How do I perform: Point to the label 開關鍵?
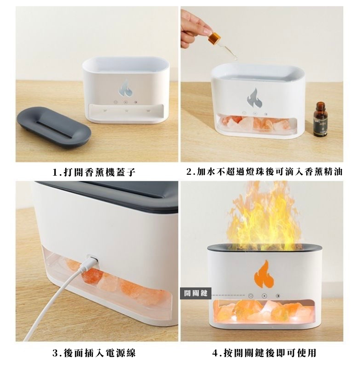[x=196, y=293]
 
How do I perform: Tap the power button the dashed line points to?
[x=251, y=296]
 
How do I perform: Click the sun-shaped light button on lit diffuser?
[x=278, y=296]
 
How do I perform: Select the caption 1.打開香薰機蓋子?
[x=94, y=172]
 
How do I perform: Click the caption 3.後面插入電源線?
[x=94, y=353]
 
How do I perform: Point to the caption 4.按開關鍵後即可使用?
[x=264, y=353]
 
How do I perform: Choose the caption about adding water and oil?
[x=264, y=172]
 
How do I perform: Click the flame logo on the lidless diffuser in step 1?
[x=125, y=89]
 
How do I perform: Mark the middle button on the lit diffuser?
[x=264, y=296]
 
